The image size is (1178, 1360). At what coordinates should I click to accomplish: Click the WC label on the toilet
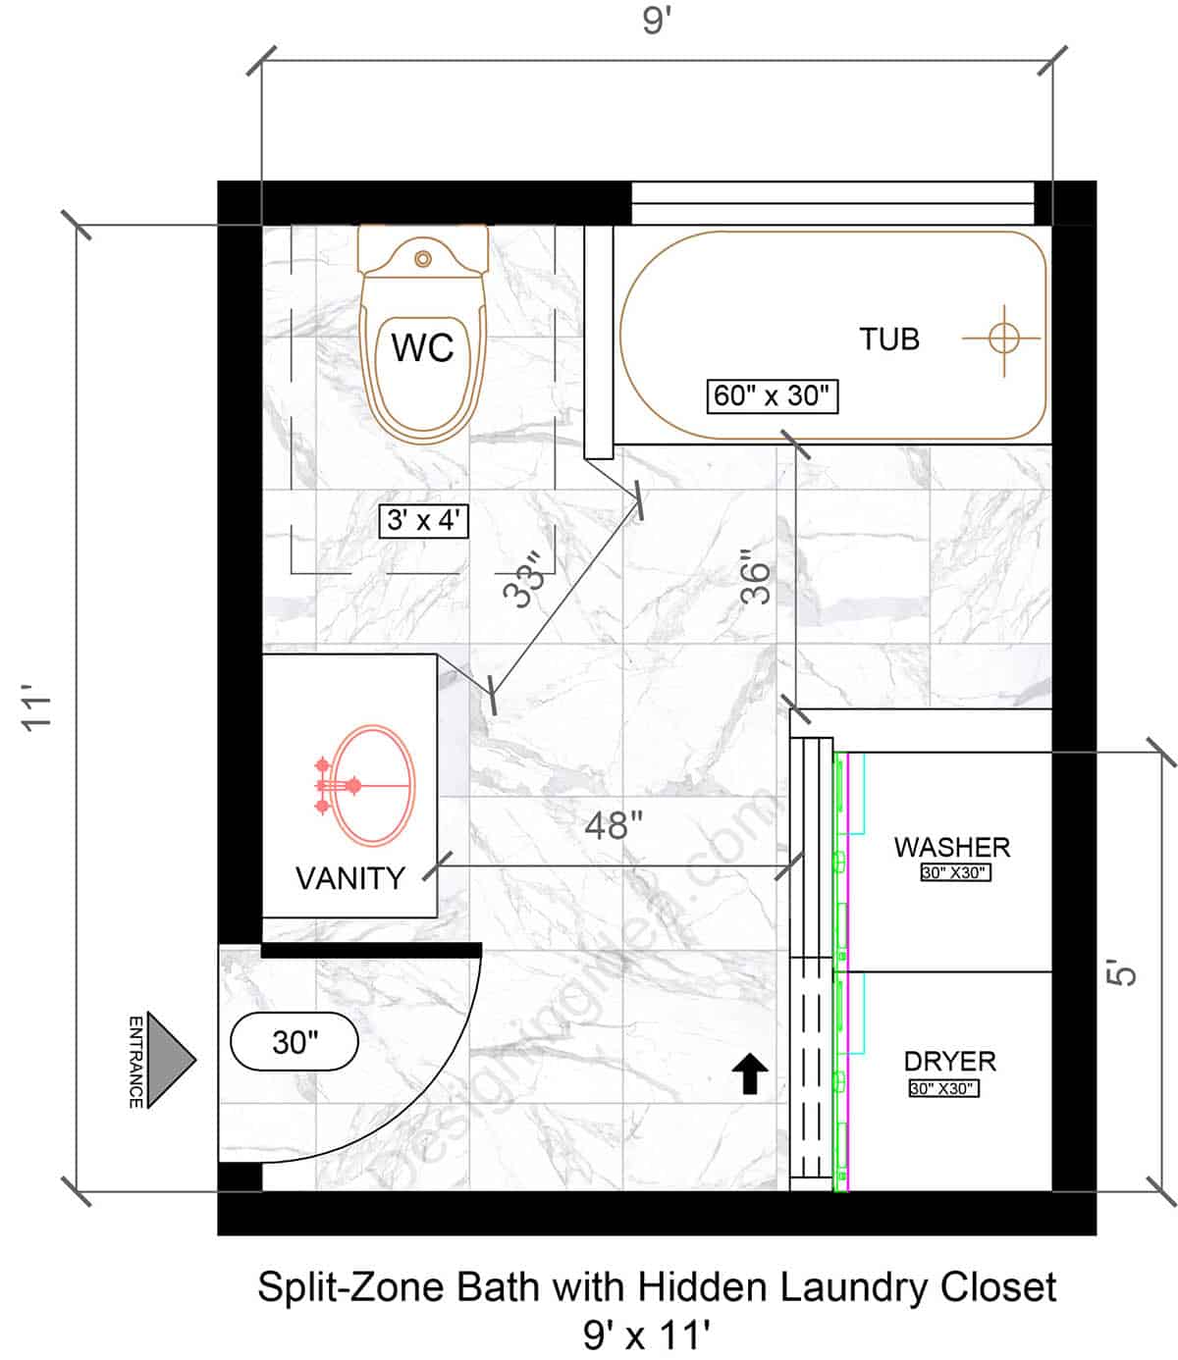click(423, 348)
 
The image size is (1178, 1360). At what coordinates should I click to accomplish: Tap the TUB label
click(889, 340)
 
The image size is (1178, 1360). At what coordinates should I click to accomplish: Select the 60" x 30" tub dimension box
click(773, 395)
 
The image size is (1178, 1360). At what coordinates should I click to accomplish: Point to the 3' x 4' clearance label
click(424, 520)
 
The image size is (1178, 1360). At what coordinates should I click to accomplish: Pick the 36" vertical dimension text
click(756, 582)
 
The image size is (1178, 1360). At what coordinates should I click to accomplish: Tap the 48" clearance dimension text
click(614, 825)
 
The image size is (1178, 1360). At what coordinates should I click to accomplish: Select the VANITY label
click(350, 878)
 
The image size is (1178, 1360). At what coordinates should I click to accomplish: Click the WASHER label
click(951, 847)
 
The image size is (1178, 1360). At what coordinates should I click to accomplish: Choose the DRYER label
click(949, 1062)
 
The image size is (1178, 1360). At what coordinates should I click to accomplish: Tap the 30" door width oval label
click(294, 1041)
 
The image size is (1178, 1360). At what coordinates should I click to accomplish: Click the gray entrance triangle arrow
click(173, 1060)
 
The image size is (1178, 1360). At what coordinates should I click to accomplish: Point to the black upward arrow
click(751, 1073)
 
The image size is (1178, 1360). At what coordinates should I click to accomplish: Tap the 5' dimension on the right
click(1125, 971)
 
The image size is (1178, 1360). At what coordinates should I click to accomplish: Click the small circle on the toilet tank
click(423, 259)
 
